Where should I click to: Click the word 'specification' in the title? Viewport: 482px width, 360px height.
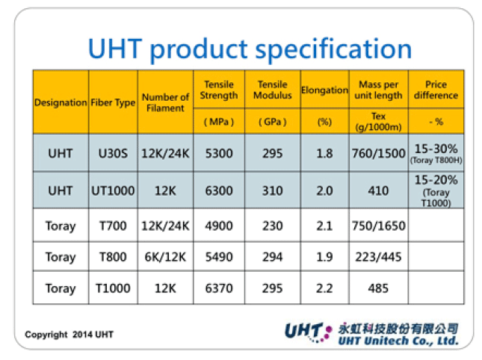[333, 49]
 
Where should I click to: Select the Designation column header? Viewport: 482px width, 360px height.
[61, 102]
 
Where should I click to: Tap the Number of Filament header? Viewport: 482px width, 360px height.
[165, 102]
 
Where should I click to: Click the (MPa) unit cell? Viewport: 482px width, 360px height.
[219, 122]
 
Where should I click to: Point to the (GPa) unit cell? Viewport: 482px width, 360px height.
[272, 122]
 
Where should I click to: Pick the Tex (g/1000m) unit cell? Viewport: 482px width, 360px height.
[378, 122]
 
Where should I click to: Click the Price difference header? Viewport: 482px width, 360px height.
[436, 90]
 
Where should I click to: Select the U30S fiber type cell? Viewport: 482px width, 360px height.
[113, 153]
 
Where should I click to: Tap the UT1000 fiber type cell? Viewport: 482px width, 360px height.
[113, 190]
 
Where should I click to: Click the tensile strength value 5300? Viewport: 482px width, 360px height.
[219, 153]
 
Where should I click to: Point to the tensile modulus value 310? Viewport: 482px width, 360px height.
[272, 190]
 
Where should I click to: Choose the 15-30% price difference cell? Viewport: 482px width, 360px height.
[436, 153]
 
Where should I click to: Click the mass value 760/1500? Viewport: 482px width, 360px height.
[378, 153]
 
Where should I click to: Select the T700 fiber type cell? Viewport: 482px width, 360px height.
[113, 226]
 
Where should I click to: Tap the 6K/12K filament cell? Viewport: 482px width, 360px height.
[165, 257]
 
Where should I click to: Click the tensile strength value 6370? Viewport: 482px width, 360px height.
[219, 288]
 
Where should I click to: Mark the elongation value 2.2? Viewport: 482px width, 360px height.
[324, 288]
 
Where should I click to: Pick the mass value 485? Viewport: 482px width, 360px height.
[378, 288]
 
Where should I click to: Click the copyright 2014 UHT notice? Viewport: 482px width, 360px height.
[69, 335]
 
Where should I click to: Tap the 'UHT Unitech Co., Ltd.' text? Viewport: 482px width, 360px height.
[398, 341]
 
